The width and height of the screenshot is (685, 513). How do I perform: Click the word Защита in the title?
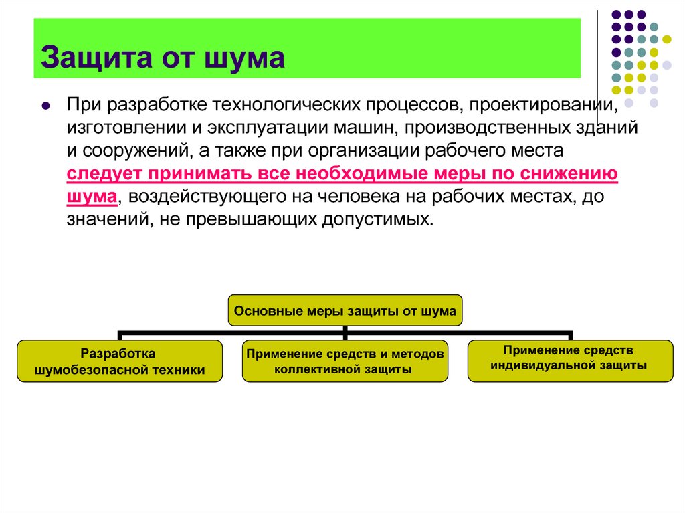[x=96, y=58]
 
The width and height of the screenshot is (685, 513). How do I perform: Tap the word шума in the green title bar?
[x=244, y=58]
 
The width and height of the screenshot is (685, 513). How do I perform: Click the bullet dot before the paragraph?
[x=45, y=105]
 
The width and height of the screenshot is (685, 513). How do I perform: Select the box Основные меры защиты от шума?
[x=345, y=311]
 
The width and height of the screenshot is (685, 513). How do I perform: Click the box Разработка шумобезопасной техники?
[x=120, y=361]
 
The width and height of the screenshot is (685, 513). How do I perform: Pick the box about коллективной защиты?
[x=345, y=361]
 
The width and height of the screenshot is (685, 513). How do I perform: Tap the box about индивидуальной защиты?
[x=570, y=361]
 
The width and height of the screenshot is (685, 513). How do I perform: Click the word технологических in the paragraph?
[x=286, y=105]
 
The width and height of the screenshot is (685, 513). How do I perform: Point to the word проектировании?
[x=544, y=105]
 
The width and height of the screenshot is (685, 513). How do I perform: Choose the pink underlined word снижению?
[x=563, y=173]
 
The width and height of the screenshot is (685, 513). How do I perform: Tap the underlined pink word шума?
[x=92, y=196]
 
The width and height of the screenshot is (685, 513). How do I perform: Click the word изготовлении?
[x=126, y=128]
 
